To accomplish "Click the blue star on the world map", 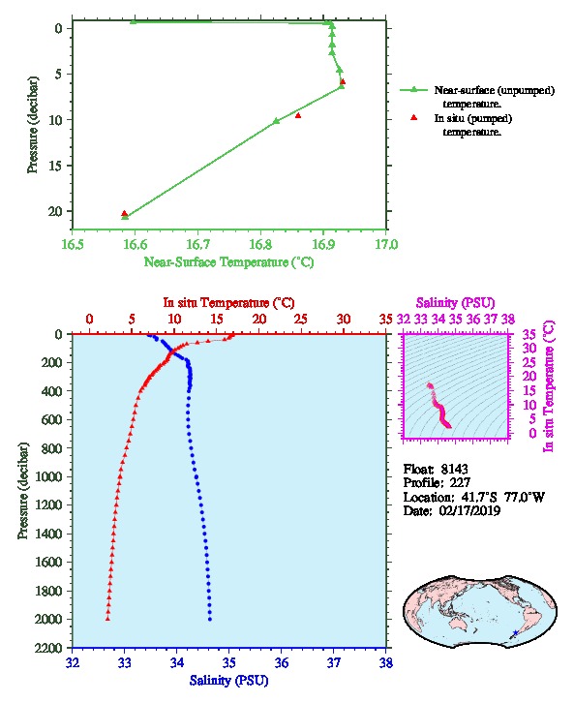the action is pos(515,632).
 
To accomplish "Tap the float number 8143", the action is pos(454,469).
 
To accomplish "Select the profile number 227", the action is pos(460,483).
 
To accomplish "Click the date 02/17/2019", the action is pos(469,510).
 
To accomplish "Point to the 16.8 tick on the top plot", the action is pos(260,244).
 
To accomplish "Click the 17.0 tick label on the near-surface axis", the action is pos(386,244).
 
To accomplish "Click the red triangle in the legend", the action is pos(414,117).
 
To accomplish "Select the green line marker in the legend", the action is pos(413,90).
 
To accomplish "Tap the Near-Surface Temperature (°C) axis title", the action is pos(228,261).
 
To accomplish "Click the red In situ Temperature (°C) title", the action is pos(228,303).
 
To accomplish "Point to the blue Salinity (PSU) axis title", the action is pos(228,680).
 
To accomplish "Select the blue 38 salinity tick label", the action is pos(386,662).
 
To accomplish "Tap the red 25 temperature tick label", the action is pos(301,319).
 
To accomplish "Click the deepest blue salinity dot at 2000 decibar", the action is pos(210,619).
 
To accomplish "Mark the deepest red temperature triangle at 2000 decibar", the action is pos(107,619).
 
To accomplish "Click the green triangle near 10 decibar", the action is pos(277,121).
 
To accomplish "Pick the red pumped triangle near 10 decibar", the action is pos(298,115).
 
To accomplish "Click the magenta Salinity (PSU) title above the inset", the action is pos(455,303).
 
